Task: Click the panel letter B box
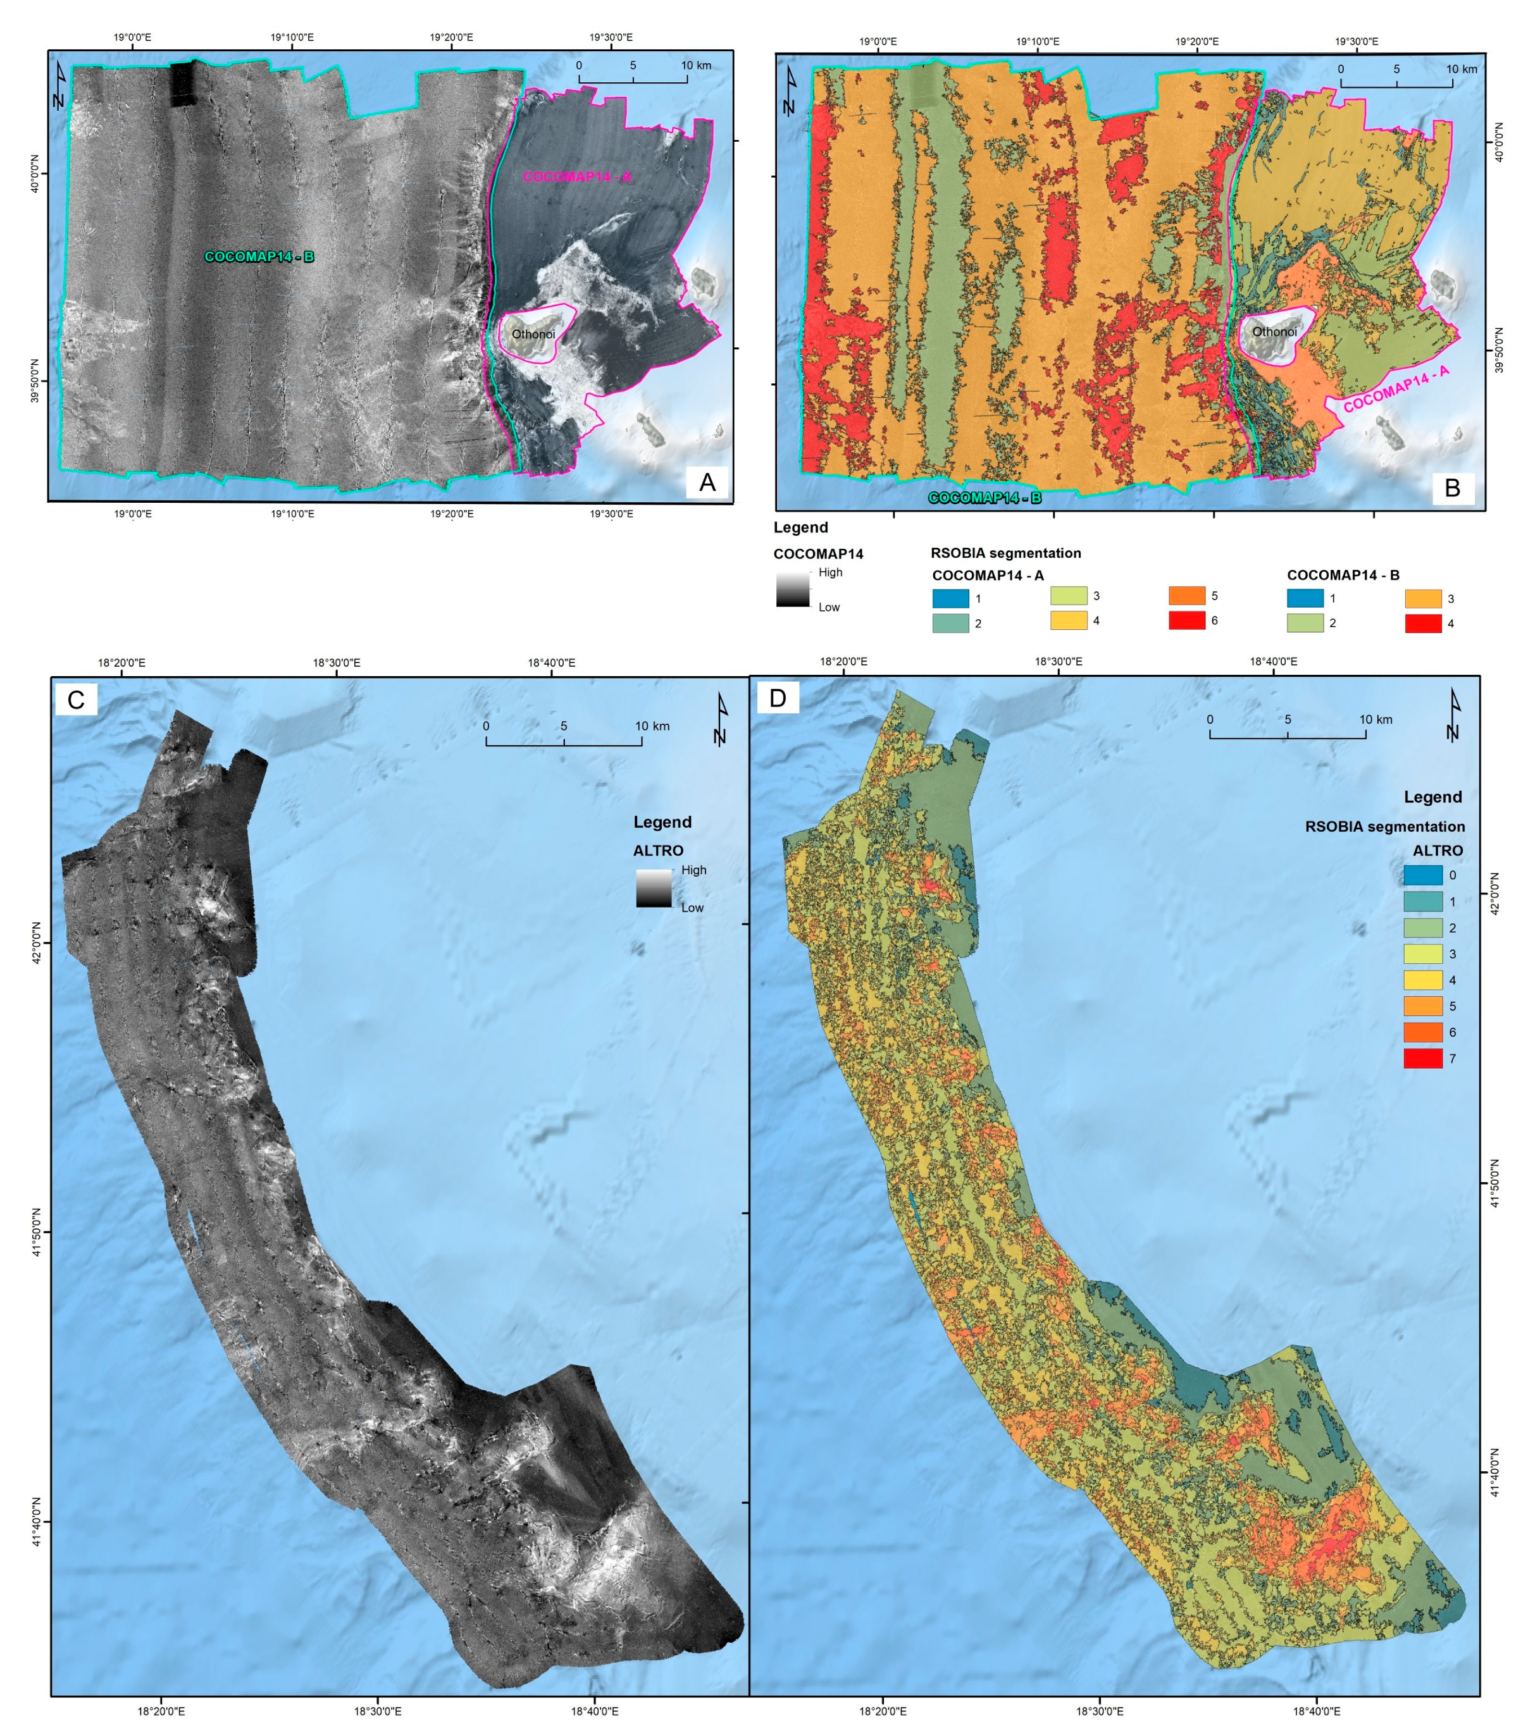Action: tap(1451, 488)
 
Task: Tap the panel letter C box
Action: tap(75, 700)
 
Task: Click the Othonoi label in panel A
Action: tap(533, 334)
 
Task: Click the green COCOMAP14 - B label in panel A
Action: tap(259, 256)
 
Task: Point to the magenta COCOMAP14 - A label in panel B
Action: tap(1396, 389)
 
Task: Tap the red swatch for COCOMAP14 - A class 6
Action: tap(1186, 620)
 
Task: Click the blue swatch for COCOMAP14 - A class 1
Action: tap(950, 598)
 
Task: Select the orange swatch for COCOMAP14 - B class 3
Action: tap(1423, 598)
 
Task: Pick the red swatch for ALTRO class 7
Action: tap(1423, 1058)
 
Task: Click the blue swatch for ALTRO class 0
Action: tap(1423, 874)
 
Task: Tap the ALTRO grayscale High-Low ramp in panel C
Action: tap(654, 888)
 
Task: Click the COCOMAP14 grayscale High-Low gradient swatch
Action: tap(793, 589)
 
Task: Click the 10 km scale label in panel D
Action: tap(1376, 719)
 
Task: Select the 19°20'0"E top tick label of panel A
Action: tap(451, 37)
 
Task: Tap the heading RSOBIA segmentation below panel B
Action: tap(1005, 553)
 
